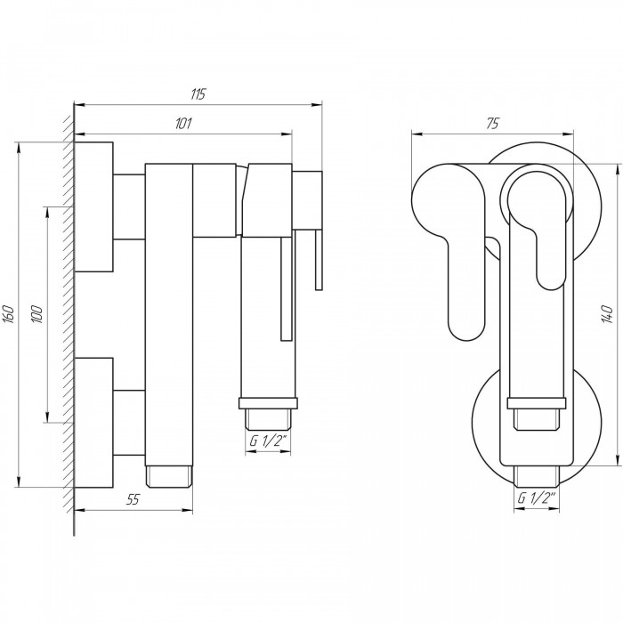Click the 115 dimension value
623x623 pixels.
coord(198,94)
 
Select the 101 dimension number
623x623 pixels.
coord(183,124)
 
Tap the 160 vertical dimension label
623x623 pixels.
coord(9,314)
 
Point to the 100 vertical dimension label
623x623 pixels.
coord(36,314)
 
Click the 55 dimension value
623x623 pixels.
coord(133,499)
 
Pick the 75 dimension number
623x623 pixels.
coord(492,124)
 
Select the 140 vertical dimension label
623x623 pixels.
coord(606,314)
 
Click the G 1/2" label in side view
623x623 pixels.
coord(268,441)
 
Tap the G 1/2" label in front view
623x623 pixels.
coord(536,498)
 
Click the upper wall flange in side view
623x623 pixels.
coord(93,206)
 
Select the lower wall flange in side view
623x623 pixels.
coord(93,423)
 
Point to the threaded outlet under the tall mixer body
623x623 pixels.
coord(169,476)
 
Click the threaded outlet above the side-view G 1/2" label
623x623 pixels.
coord(268,419)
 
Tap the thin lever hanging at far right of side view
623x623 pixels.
coord(319,260)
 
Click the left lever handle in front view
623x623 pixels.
coord(449,247)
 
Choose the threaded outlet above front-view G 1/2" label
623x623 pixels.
coord(537,476)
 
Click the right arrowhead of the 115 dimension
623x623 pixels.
coord(317,105)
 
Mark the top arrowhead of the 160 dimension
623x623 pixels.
coord(19,148)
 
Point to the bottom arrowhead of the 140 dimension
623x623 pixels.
coord(619,460)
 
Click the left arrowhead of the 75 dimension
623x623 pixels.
coord(417,133)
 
